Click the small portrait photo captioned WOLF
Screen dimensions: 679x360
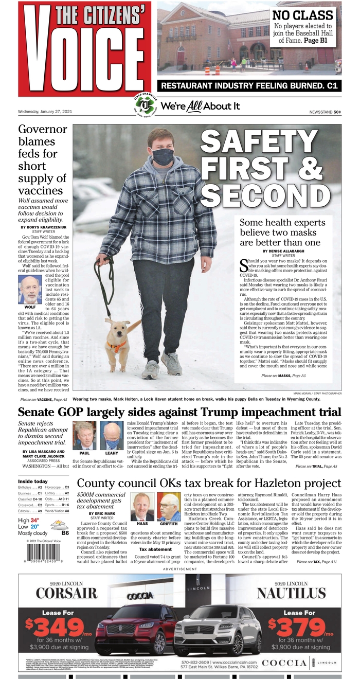tap(30, 290)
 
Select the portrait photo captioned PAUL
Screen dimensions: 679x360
tap(84, 436)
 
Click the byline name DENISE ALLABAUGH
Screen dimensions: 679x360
tap(283, 251)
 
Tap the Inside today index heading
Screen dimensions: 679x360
tap(33, 481)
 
